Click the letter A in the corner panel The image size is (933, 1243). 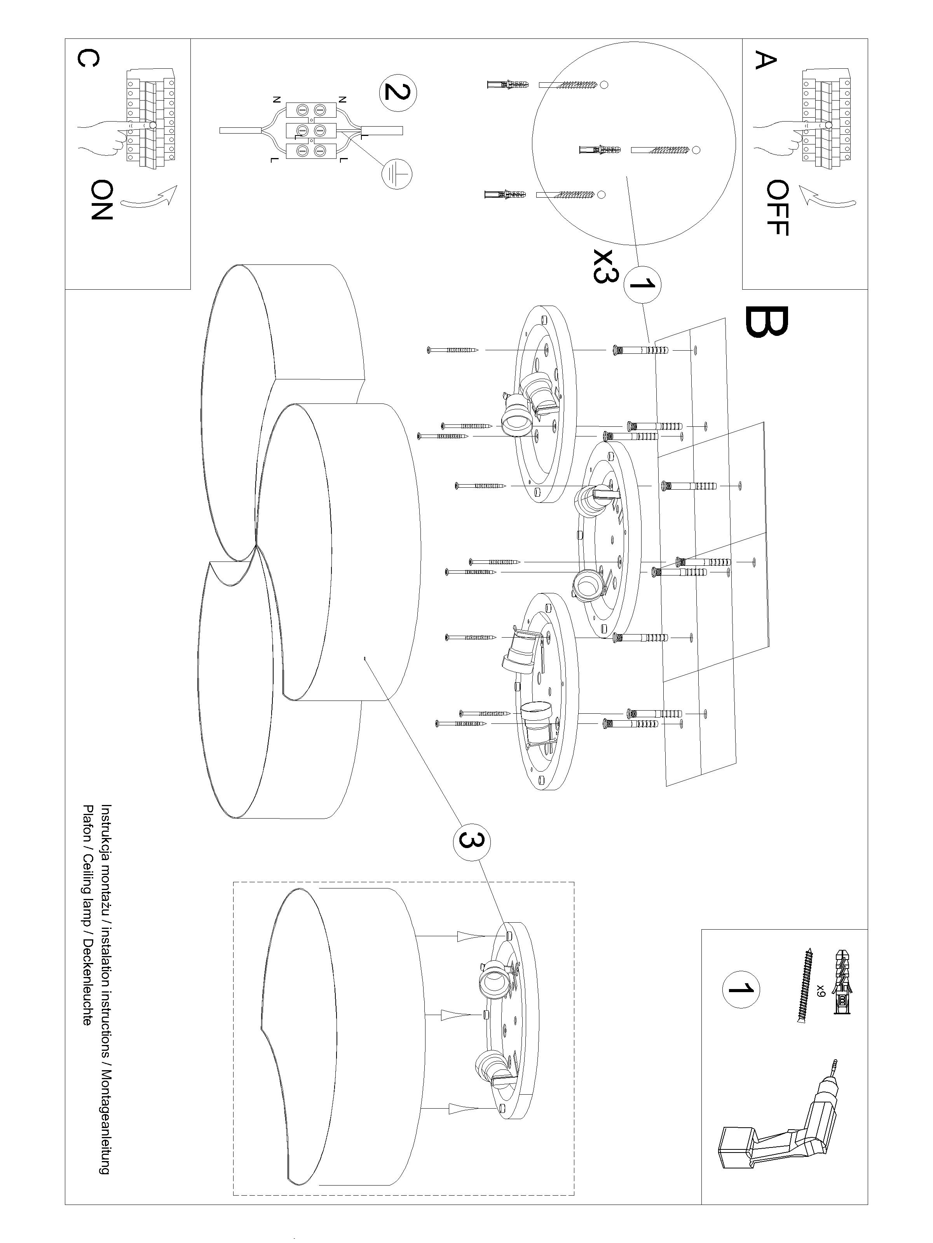tap(765, 60)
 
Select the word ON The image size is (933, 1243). tap(102, 200)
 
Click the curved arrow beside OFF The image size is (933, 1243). tap(827, 196)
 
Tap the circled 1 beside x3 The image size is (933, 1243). tap(642, 284)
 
